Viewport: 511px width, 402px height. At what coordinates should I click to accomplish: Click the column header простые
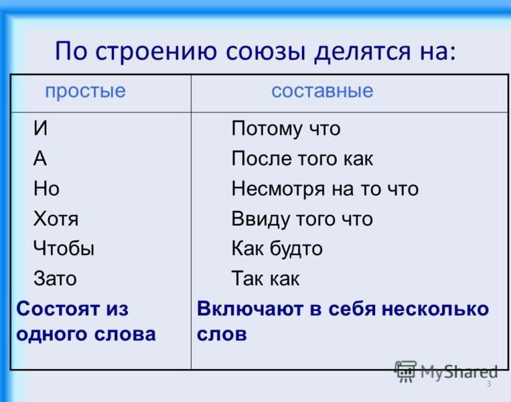[85, 91]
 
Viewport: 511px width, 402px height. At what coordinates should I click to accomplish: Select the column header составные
[322, 90]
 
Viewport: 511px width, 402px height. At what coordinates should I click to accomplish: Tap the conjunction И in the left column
[40, 128]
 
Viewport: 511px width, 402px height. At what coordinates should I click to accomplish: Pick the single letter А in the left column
[40, 158]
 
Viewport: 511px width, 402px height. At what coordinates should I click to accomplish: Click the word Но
[46, 188]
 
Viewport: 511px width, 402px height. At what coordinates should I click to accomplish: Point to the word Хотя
[56, 218]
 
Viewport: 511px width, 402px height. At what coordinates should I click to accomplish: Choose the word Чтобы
[64, 248]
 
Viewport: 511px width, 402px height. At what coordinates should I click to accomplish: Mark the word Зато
[55, 279]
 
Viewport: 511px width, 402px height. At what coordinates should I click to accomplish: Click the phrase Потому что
[286, 129]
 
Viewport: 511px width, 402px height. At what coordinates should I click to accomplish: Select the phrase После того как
[302, 158]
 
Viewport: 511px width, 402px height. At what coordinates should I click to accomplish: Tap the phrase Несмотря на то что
[325, 189]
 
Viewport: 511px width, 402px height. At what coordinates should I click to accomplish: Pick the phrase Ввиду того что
[302, 219]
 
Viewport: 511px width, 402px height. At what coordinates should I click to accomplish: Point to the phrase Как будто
[277, 249]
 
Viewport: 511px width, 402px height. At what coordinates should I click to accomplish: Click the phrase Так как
[265, 279]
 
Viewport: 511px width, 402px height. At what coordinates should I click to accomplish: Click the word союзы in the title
[266, 52]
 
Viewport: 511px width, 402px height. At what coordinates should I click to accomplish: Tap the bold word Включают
[250, 308]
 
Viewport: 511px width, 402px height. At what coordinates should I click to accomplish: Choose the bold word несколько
[435, 308]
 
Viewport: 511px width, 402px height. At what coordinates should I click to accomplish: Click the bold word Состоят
[58, 308]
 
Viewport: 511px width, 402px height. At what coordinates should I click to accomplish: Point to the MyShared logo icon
[405, 371]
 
